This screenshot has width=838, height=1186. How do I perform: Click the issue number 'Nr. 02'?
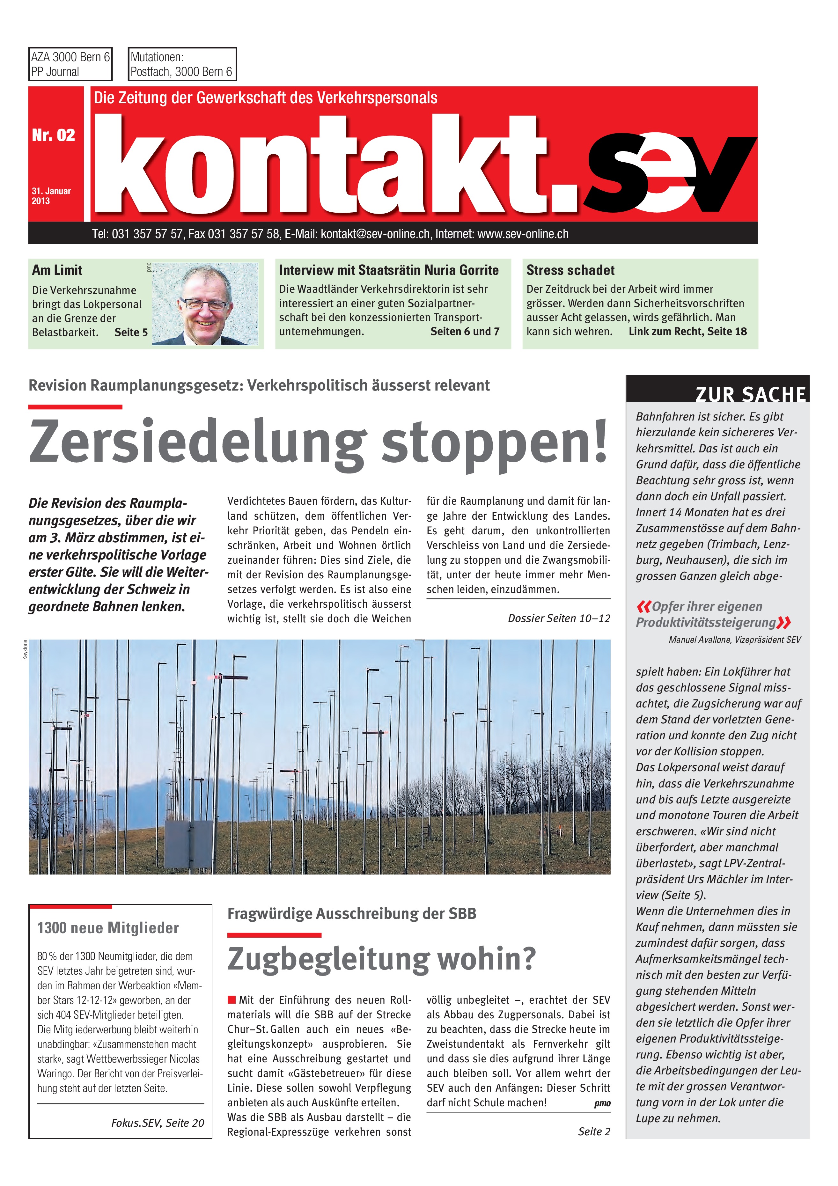click(x=53, y=135)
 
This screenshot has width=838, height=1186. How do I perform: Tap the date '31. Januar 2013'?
click(x=51, y=196)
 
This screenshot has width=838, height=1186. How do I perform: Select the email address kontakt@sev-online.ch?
click(x=375, y=234)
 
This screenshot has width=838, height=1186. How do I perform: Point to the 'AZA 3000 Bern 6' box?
click(x=70, y=64)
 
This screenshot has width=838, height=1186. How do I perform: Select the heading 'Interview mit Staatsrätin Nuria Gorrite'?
click(x=388, y=270)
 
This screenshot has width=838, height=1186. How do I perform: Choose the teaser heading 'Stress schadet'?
click(x=570, y=270)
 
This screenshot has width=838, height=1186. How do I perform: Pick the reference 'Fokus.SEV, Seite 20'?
click(x=158, y=1123)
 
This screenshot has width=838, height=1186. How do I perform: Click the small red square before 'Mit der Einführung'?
click(x=232, y=999)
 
